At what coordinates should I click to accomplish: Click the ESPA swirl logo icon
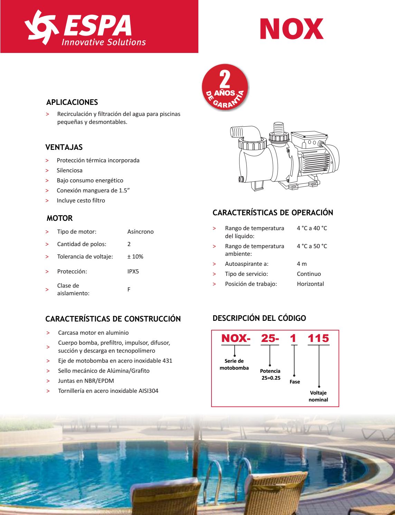point(41,27)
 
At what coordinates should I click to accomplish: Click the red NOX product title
point(291,29)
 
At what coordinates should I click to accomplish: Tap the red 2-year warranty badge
point(225,87)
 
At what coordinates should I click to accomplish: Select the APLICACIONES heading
point(72,102)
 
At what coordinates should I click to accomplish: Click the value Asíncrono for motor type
point(140,232)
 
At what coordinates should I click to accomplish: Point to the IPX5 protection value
point(133,271)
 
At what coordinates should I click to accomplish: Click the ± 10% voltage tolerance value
point(135,256)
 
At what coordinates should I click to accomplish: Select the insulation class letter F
point(129,289)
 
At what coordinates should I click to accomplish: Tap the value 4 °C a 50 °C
point(312,246)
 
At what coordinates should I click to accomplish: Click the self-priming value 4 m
point(302,264)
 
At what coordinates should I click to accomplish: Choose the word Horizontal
point(310,284)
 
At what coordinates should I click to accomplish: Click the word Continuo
point(309,274)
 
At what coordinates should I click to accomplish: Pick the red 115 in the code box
point(318,338)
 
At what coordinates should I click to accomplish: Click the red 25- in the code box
point(270,338)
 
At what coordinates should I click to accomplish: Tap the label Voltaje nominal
point(318,396)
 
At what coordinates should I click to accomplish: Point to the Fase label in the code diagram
point(295,382)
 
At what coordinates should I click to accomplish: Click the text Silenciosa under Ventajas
point(69,170)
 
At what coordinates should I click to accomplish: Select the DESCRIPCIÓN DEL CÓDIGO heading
point(259,318)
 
